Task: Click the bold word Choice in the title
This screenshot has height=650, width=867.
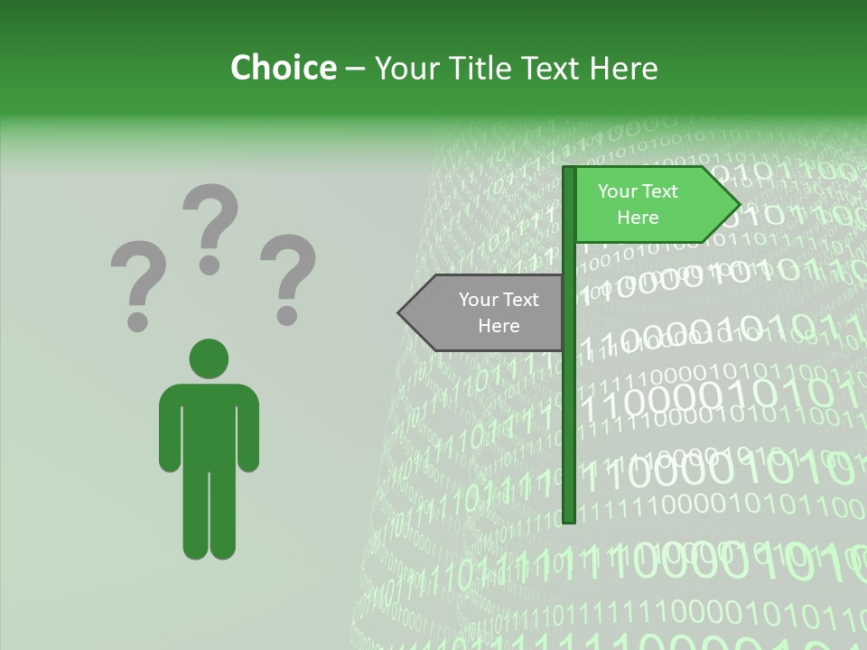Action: pyautogui.click(x=283, y=68)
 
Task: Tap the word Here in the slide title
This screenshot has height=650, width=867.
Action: pyautogui.click(x=622, y=68)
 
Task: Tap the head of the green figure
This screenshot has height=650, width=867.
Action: pyautogui.click(x=209, y=358)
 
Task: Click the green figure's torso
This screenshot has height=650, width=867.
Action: pyautogui.click(x=209, y=424)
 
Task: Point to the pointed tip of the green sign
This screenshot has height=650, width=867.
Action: pyautogui.click(x=738, y=205)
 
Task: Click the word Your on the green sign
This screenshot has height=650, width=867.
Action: pyautogui.click(x=617, y=191)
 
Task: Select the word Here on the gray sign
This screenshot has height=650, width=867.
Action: pyautogui.click(x=499, y=326)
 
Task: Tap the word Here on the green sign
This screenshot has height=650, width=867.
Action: pyautogui.click(x=638, y=218)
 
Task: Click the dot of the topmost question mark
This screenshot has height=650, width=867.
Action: pyautogui.click(x=210, y=265)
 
